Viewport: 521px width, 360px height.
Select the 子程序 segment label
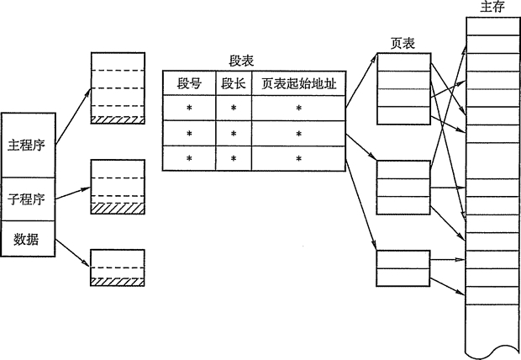28,199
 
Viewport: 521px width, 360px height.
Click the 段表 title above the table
242,61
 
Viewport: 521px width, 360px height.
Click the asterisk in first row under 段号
189,109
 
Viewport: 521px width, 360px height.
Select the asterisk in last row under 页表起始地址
297,158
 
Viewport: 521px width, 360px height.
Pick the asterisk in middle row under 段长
233,134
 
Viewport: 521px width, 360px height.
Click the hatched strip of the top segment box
117,120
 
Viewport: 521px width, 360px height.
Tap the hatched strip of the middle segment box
117,208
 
